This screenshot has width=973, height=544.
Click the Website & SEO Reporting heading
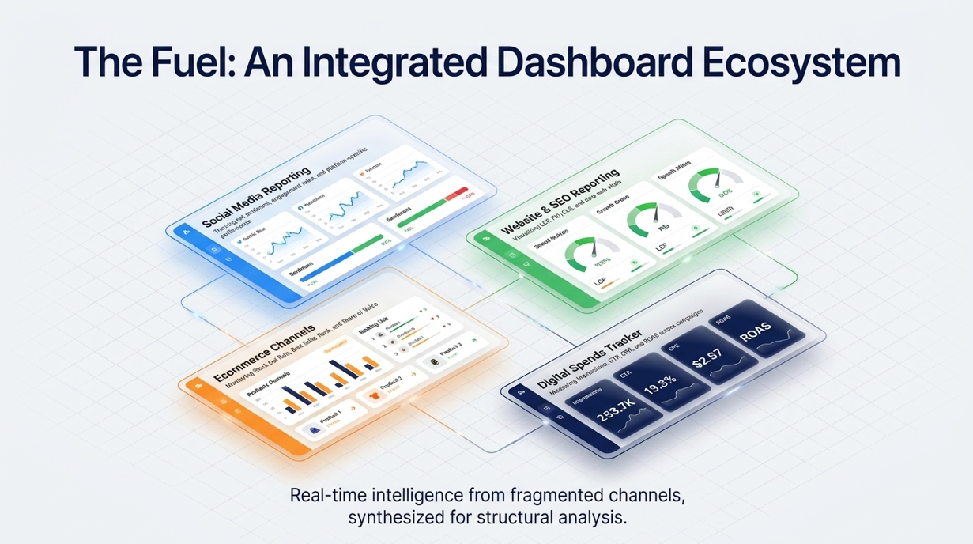click(x=561, y=202)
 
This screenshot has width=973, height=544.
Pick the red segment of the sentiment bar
click(x=457, y=195)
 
